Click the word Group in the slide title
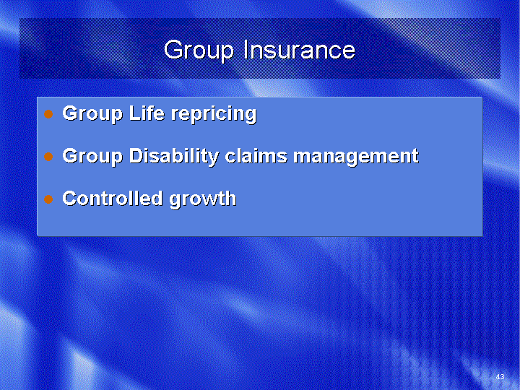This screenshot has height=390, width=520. [199, 51]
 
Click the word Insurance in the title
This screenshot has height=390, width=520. [300, 50]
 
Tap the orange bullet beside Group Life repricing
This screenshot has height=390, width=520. [48, 114]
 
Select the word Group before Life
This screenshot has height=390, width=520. [92, 114]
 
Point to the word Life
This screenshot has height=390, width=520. [147, 113]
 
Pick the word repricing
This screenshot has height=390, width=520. [214, 114]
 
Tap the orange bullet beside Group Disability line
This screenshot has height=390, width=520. [48, 157]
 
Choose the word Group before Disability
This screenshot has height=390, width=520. [92, 157]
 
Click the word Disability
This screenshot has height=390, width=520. [174, 157]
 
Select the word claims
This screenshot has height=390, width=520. [256, 155]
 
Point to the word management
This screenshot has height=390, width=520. [356, 157]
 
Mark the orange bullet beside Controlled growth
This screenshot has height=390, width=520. [48, 199]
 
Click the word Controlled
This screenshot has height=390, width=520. [113, 198]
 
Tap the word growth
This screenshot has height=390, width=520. [203, 199]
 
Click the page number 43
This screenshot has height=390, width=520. [500, 377]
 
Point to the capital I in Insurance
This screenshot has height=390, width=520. [246, 50]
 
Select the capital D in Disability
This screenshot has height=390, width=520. [137, 155]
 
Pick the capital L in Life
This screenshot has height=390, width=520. [134, 113]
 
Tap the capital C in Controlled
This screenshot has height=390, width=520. [70, 198]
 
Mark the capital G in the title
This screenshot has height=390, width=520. [174, 50]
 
